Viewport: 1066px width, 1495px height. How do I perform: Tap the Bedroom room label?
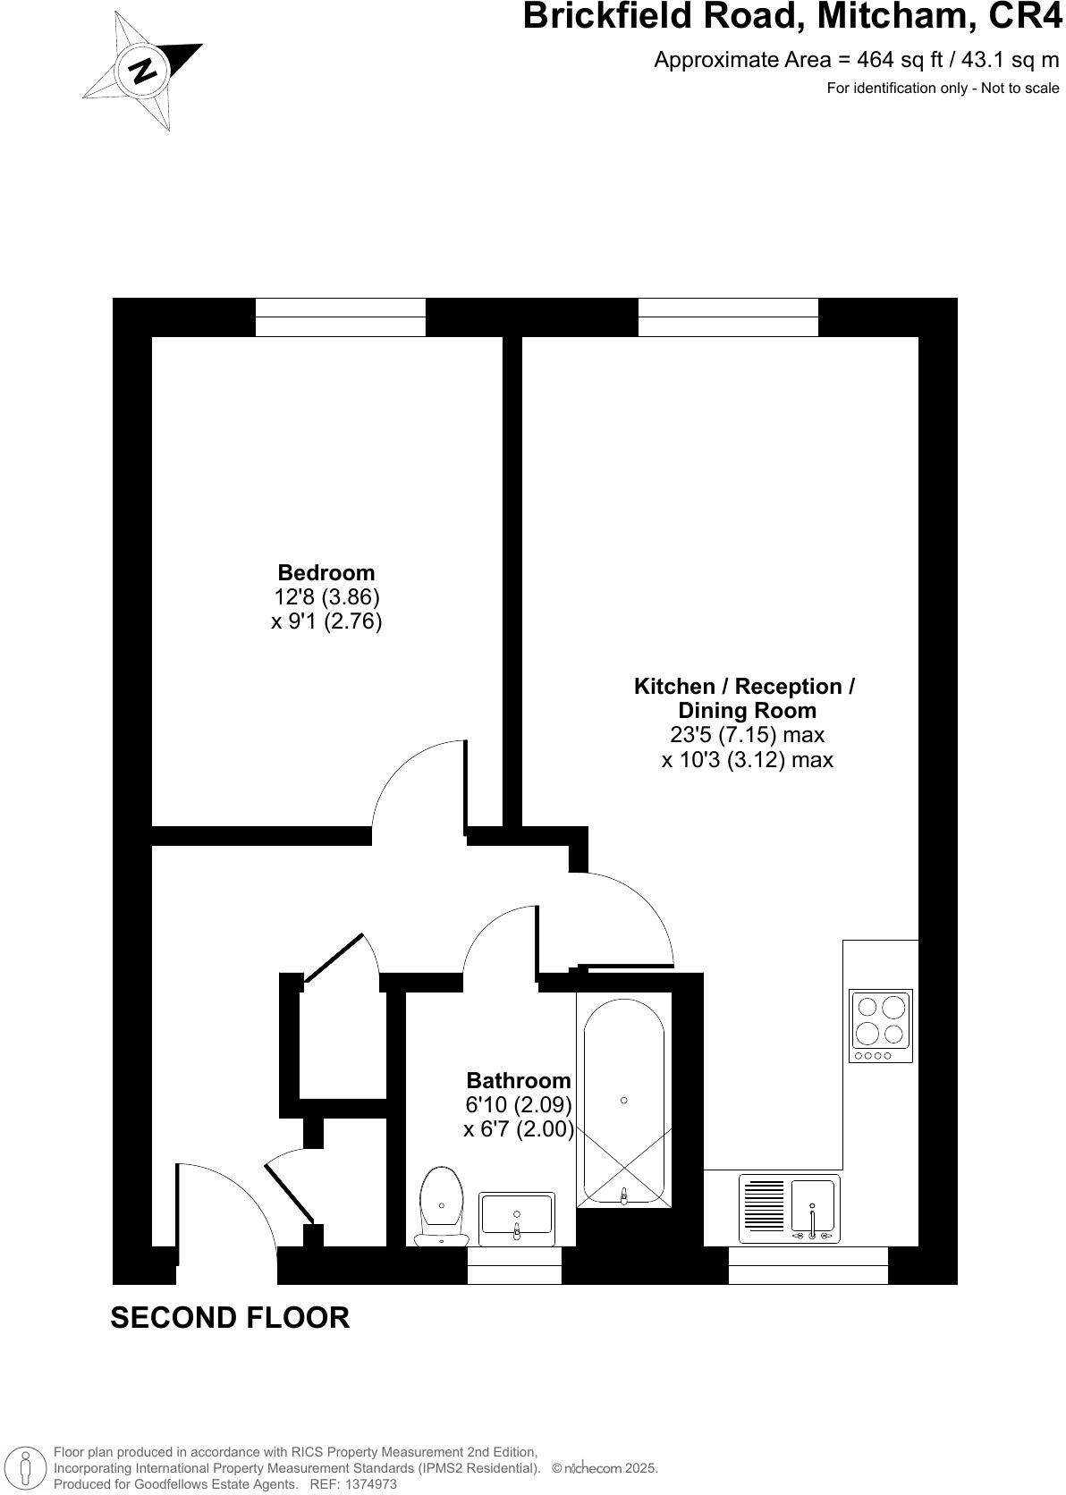(x=326, y=572)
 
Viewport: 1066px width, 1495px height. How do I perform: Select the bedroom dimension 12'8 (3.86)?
(x=326, y=596)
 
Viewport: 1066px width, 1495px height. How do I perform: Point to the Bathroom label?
(x=519, y=1080)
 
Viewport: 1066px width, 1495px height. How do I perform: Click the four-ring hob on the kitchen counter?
(x=881, y=1025)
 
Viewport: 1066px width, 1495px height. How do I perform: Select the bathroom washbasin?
(x=517, y=1218)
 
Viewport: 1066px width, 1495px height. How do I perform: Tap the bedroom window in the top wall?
(x=340, y=317)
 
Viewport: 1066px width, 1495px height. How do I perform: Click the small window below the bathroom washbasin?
(x=514, y=1266)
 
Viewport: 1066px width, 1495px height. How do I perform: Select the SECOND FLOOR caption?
(x=230, y=1317)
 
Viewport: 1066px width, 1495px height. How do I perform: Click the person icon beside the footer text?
(x=26, y=1467)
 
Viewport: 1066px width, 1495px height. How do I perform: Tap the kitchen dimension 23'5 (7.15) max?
(x=747, y=735)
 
